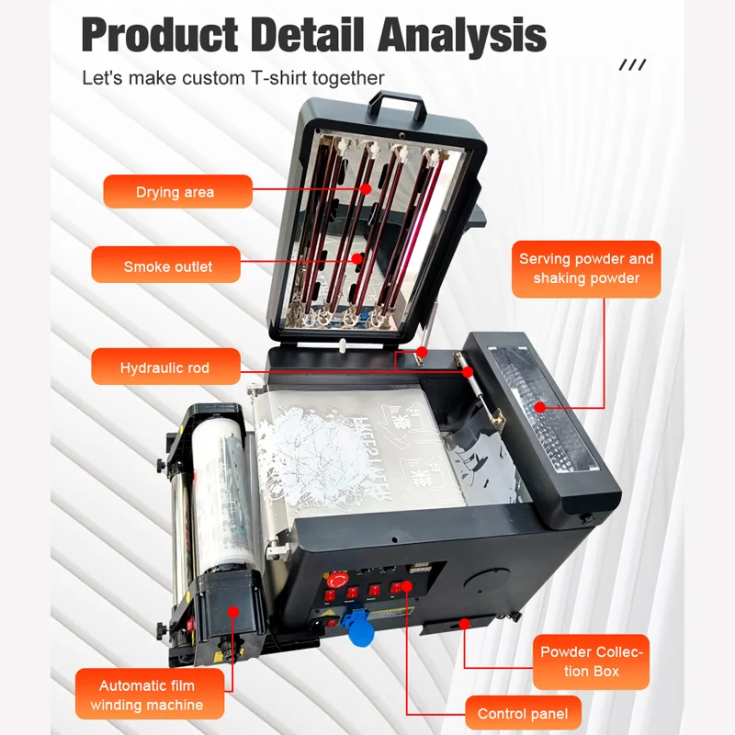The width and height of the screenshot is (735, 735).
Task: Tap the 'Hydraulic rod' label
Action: (165, 367)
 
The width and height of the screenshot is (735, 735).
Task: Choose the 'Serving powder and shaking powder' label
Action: (586, 268)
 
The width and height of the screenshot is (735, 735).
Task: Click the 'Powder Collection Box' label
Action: (592, 661)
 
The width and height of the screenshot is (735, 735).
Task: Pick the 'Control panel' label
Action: (523, 713)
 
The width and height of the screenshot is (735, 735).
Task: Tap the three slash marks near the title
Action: (632, 64)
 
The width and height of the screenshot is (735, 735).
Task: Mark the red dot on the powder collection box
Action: (465, 622)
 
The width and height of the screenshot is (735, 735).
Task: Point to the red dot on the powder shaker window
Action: (539, 405)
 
